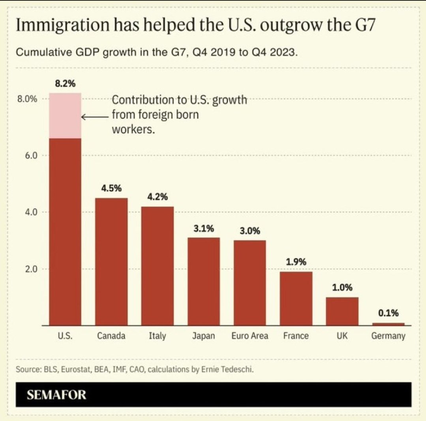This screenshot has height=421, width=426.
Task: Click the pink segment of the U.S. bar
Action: click(65, 115)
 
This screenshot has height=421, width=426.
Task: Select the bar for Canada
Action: click(111, 261)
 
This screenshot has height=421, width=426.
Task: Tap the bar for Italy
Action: click(158, 265)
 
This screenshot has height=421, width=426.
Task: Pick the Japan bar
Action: click(204, 281)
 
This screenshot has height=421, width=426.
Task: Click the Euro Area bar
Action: click(250, 282)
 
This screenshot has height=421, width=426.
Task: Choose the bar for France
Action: click(296, 298)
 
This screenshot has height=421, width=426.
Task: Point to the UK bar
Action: click(342, 311)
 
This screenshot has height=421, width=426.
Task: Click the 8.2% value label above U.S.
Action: click(65, 84)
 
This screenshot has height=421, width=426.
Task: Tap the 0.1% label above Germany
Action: click(388, 313)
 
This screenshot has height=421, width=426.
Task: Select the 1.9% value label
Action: click(296, 262)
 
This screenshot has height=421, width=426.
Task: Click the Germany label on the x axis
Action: click(388, 336)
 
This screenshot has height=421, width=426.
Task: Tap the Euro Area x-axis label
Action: click(250, 336)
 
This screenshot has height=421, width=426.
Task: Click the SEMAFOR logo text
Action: click(56, 395)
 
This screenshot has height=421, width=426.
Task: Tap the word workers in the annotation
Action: click(133, 130)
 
